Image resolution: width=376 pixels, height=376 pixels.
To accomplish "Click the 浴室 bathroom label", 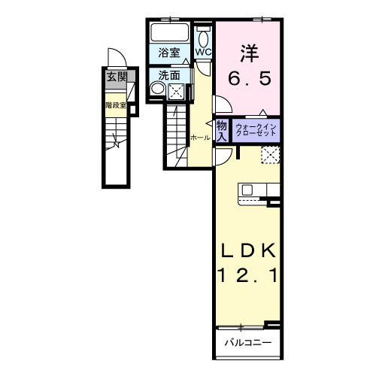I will coord(169,53).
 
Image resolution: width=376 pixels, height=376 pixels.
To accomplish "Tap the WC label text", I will coord(204,52).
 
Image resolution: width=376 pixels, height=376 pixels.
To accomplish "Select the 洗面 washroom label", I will coord(169,75).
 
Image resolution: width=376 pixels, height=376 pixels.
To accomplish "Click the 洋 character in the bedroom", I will coord(249,53).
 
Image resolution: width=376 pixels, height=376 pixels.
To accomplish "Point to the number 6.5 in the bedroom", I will coord(249,77).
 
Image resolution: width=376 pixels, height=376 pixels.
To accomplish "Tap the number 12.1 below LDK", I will coord(248,276).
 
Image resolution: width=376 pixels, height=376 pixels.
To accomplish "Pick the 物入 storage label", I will coord(222,131).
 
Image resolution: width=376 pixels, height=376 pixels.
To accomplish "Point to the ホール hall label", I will coord(199,138).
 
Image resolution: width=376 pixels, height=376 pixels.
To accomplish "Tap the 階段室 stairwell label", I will coord(114,105).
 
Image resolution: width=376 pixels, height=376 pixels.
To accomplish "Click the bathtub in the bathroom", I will coord(171,32).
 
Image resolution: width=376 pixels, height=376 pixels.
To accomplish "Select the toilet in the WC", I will coord(204,35).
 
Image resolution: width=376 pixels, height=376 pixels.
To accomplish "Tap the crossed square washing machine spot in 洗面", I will coord(177,91).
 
